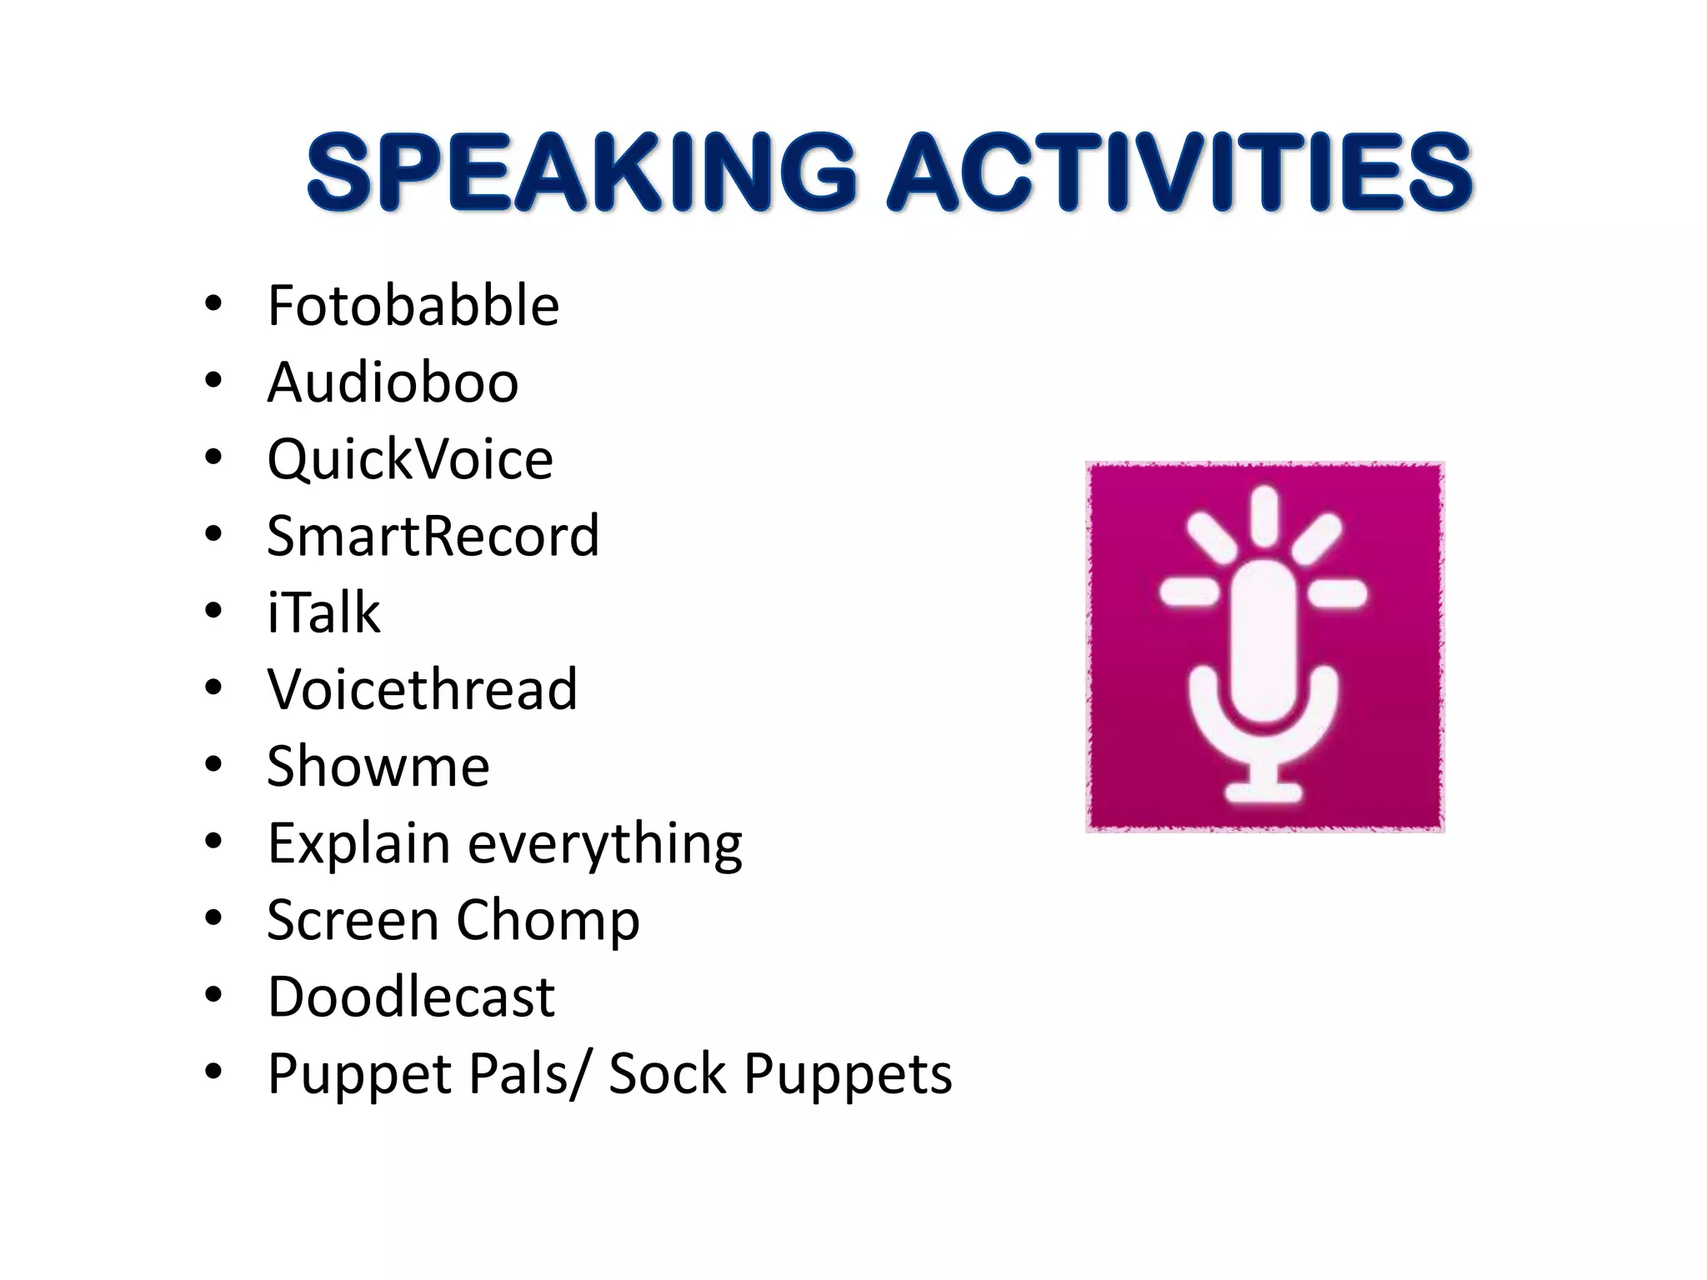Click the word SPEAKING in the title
[x=582, y=173]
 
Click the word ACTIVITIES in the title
[x=1179, y=173]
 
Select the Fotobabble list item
[x=413, y=306]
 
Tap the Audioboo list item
[x=393, y=382]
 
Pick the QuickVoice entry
[x=410, y=459]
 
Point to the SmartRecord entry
[x=433, y=536]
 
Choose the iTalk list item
[x=323, y=612]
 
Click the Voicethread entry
[x=422, y=689]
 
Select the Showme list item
[x=378, y=766]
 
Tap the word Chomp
[x=548, y=920]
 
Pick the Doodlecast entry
[x=411, y=997]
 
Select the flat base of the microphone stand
[x=1264, y=791]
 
